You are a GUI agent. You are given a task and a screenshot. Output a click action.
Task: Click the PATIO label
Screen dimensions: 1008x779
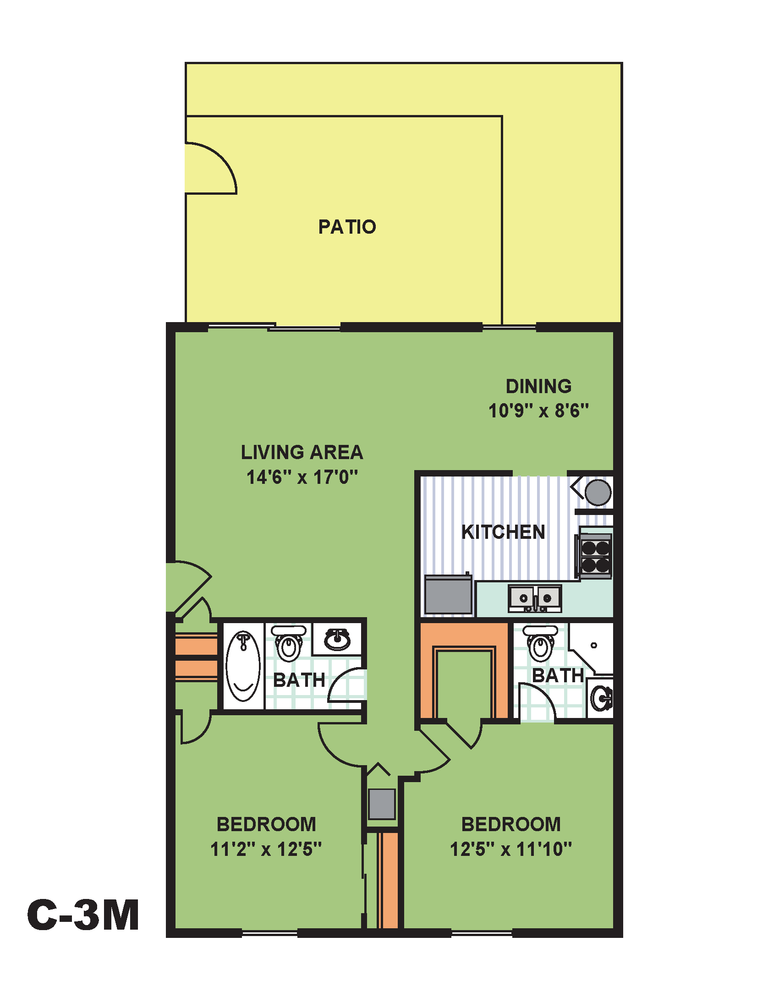pyautogui.click(x=347, y=227)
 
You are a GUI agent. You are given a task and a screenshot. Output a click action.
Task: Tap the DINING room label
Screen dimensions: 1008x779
pyautogui.click(x=538, y=386)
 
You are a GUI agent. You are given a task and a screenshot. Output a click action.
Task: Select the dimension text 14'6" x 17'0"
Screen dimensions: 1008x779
pyautogui.click(x=302, y=477)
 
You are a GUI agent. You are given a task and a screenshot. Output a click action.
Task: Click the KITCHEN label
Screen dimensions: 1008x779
pyautogui.click(x=503, y=532)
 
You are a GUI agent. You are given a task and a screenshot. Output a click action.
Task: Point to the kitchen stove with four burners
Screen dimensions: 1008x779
pyautogui.click(x=595, y=556)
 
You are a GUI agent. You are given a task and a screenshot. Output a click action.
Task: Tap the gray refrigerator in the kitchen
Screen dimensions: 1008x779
pyautogui.click(x=448, y=595)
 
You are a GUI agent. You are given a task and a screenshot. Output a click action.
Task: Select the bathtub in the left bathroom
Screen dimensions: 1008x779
pyautogui.click(x=243, y=666)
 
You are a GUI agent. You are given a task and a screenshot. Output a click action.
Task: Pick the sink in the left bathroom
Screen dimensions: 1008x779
pyautogui.click(x=337, y=639)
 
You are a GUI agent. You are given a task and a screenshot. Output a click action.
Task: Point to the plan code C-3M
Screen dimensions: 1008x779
pyautogui.click(x=83, y=915)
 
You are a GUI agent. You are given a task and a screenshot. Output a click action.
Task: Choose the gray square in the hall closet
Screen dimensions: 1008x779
pyautogui.click(x=382, y=804)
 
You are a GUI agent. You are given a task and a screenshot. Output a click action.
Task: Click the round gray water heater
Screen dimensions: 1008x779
pyautogui.click(x=598, y=493)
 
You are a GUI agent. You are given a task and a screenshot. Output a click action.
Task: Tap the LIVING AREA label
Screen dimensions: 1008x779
pyautogui.click(x=302, y=452)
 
